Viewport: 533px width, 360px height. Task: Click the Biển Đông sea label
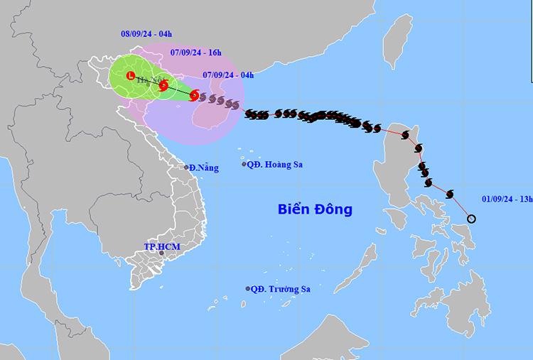315,209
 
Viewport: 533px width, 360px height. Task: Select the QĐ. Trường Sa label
281,289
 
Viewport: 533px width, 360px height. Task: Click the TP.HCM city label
161,246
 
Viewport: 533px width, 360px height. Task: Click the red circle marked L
130,75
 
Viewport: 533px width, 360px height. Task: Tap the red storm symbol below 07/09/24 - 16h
163,86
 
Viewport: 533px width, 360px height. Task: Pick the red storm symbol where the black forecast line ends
194,95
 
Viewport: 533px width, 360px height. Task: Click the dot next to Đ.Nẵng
187,168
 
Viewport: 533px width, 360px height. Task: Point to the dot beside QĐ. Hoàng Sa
244,165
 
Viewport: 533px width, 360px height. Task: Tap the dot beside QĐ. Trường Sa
248,289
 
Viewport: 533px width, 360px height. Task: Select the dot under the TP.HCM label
161,253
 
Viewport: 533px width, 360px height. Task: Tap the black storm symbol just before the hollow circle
450,194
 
